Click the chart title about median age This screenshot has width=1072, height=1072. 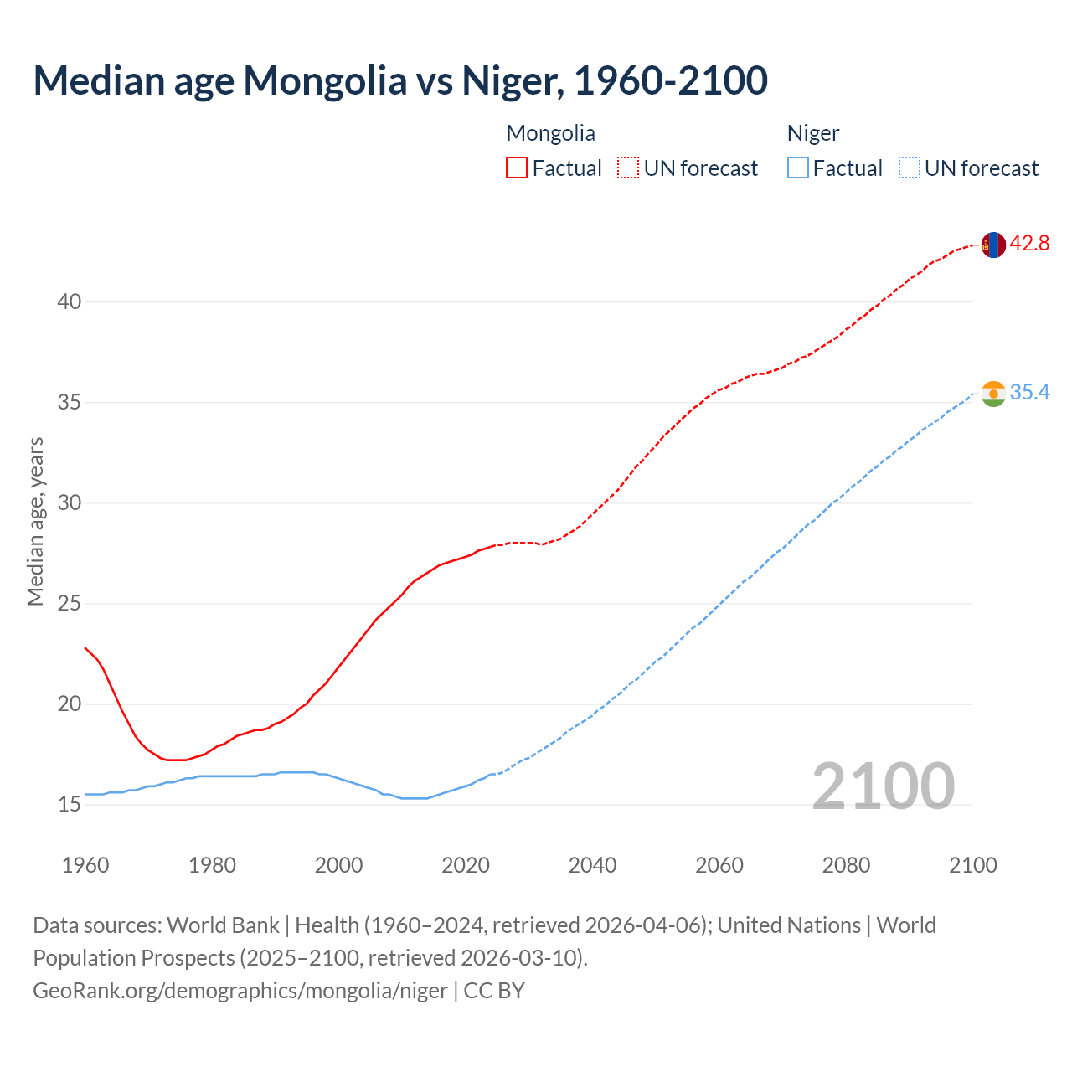click(x=400, y=80)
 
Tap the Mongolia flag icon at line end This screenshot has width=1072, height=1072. click(x=993, y=245)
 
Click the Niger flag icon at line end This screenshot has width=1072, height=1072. click(x=993, y=394)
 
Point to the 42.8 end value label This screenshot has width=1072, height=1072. click(x=1029, y=244)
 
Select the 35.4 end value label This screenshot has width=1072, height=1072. click(x=1029, y=392)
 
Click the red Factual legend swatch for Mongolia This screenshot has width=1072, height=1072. click(x=517, y=168)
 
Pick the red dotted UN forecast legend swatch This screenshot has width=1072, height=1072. click(x=628, y=168)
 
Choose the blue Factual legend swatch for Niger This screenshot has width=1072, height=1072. click(x=798, y=168)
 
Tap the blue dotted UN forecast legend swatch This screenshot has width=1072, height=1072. click(x=910, y=168)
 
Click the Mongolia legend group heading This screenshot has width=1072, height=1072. click(x=550, y=133)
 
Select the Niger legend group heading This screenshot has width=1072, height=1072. click(x=812, y=133)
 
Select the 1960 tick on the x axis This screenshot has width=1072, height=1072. click(x=85, y=865)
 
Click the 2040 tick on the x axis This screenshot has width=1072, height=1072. click(x=592, y=865)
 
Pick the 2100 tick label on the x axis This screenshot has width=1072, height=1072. click(x=972, y=865)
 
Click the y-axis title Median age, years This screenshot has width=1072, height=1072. click(x=35, y=521)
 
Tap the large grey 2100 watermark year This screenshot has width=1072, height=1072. click(x=883, y=786)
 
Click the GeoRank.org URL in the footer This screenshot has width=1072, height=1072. click(x=240, y=991)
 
